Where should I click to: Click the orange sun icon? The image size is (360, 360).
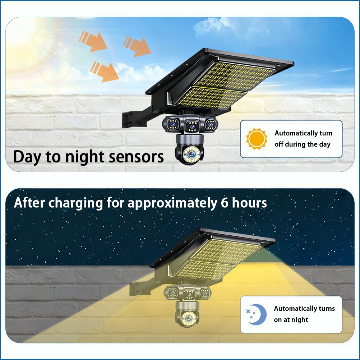tap(257, 139)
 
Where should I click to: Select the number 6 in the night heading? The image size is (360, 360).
tap(225, 203)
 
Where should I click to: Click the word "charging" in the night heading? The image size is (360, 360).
tap(75, 203)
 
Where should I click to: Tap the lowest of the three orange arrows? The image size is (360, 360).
tap(105, 71)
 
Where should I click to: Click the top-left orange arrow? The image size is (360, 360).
tap(93, 41)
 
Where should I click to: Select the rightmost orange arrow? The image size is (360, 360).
tap(137, 47)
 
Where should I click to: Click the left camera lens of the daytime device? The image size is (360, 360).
tap(172, 124)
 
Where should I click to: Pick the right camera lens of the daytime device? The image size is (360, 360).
tap(210, 124)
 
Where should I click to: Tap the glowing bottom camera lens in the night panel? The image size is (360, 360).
tap(188, 318)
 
